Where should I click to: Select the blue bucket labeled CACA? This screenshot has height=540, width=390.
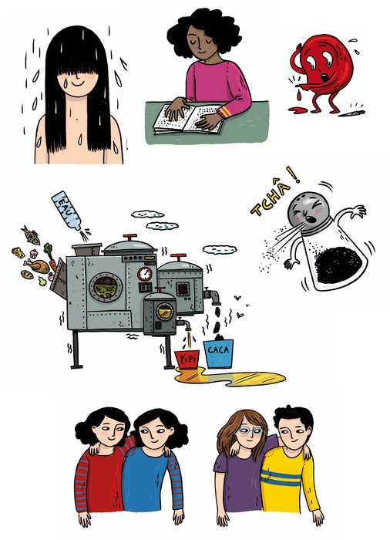[x=219, y=353]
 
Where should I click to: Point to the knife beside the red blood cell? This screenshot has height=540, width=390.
[x=351, y=113]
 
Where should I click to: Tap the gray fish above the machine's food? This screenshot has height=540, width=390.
[x=31, y=235]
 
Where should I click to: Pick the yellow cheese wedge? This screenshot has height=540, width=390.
[x=18, y=253]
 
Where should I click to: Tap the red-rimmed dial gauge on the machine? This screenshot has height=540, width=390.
[x=145, y=274]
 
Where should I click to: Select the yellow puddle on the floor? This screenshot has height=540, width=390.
[x=230, y=377]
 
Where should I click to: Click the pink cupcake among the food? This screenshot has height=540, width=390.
[x=33, y=254]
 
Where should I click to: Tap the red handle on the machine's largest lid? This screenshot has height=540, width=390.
[x=129, y=238]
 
